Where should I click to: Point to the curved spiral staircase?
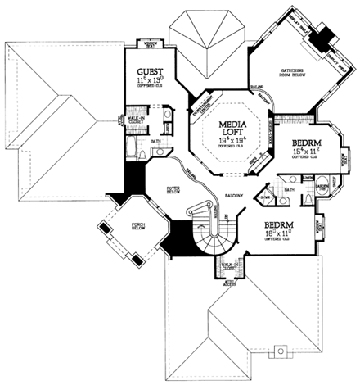(209, 233)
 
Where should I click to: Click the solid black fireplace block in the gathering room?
(326, 35)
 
